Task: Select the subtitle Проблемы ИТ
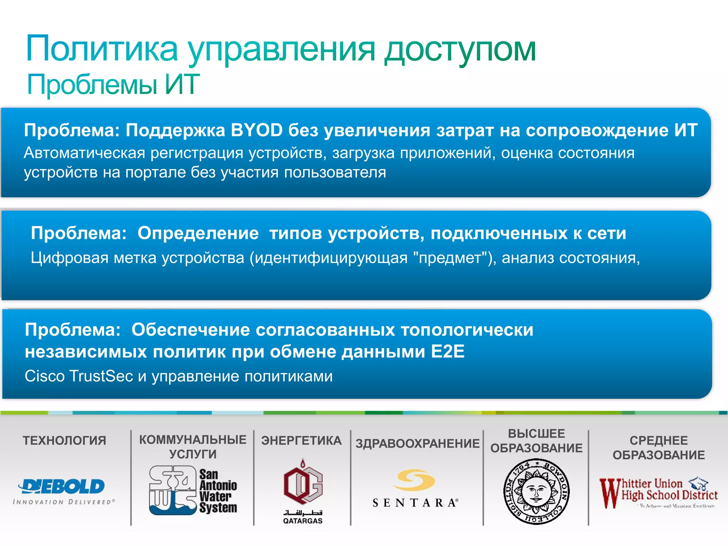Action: pyautogui.click(x=113, y=85)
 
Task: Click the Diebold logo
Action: pyautogui.click(x=62, y=486)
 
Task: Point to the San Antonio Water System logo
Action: pyautogui.click(x=193, y=491)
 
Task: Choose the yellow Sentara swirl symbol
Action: pyautogui.click(x=414, y=480)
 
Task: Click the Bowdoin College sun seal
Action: pyautogui.click(x=536, y=492)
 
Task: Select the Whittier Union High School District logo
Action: pyautogui.click(x=658, y=492)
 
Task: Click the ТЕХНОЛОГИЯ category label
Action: pyautogui.click(x=64, y=441)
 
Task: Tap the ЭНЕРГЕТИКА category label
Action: pyautogui.click(x=301, y=441)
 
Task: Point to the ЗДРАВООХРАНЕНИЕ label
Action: pyautogui.click(x=418, y=444)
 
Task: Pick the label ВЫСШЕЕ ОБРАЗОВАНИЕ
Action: pyautogui.click(x=536, y=441)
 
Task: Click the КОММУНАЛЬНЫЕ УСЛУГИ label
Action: pyautogui.click(x=193, y=447)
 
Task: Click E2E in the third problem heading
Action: pyautogui.click(x=448, y=352)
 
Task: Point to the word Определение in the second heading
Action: pyautogui.click(x=198, y=233)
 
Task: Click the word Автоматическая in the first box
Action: pyautogui.click(x=85, y=153)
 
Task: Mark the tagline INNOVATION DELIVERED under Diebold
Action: pyautogui.click(x=64, y=502)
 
